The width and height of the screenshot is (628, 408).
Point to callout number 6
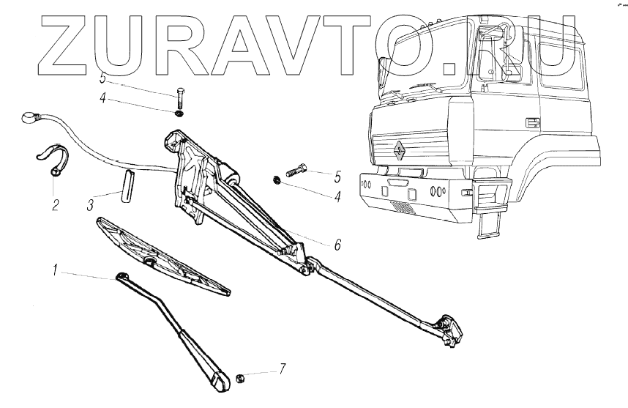tap(337, 245)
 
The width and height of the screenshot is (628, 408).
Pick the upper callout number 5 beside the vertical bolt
tap(103, 78)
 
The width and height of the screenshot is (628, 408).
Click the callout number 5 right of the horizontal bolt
tap(337, 176)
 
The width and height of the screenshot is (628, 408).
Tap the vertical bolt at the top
tap(181, 98)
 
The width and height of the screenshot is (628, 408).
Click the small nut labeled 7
tap(240, 379)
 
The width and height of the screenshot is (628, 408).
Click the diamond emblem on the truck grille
tap(399, 149)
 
